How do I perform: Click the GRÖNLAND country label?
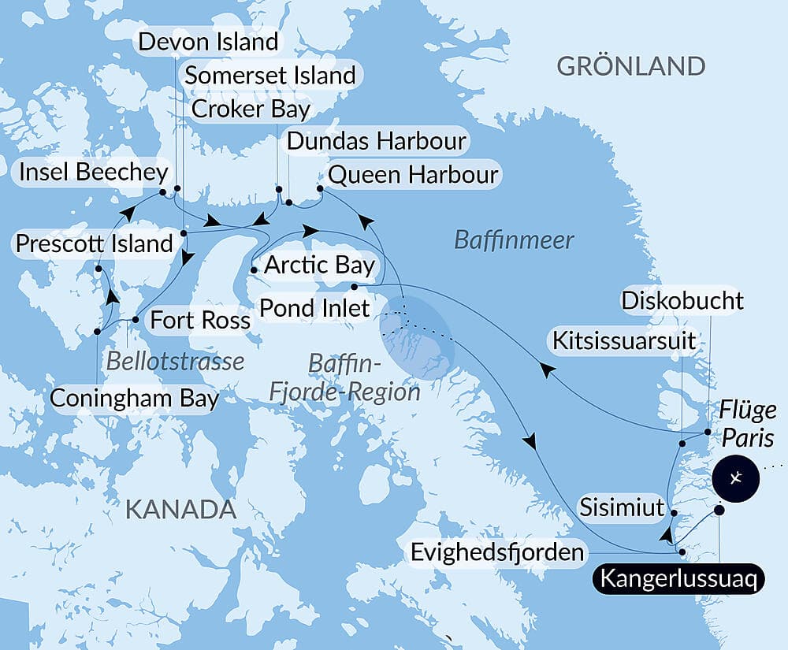click(630, 66)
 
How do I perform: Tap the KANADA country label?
click(181, 510)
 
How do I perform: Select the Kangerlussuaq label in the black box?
click(678, 579)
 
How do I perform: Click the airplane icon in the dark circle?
click(734, 477)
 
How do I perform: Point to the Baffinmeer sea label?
click(515, 240)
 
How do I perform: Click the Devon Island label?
click(208, 42)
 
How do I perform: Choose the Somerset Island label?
click(270, 76)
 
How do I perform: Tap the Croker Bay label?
click(251, 109)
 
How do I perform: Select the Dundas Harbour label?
click(376, 142)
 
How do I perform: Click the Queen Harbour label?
click(413, 174)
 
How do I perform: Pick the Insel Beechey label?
click(93, 173)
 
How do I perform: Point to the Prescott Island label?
click(94, 243)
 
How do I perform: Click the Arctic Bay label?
click(319, 265)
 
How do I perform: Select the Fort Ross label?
click(200, 320)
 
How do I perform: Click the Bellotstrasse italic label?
click(175, 361)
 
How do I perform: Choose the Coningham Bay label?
click(134, 398)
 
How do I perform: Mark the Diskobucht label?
click(682, 300)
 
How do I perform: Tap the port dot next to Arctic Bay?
click(254, 270)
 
